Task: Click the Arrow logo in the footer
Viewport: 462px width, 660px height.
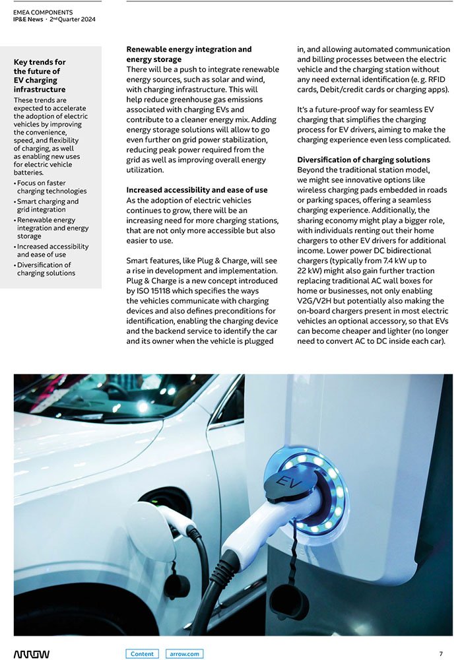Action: tap(31, 654)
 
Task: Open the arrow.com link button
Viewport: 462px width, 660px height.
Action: tap(184, 654)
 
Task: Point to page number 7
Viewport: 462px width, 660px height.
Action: tap(440, 654)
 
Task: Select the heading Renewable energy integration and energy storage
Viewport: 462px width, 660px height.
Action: tap(189, 54)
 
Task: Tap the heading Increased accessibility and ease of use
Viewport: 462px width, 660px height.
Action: tap(197, 190)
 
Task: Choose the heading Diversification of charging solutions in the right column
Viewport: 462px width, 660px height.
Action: tap(364, 160)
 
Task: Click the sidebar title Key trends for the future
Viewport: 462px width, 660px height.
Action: tap(40, 76)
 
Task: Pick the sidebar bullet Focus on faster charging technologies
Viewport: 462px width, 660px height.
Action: tap(51, 187)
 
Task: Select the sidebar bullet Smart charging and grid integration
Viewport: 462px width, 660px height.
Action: tap(48, 205)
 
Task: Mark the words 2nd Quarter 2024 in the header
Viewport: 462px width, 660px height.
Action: tap(72, 19)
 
